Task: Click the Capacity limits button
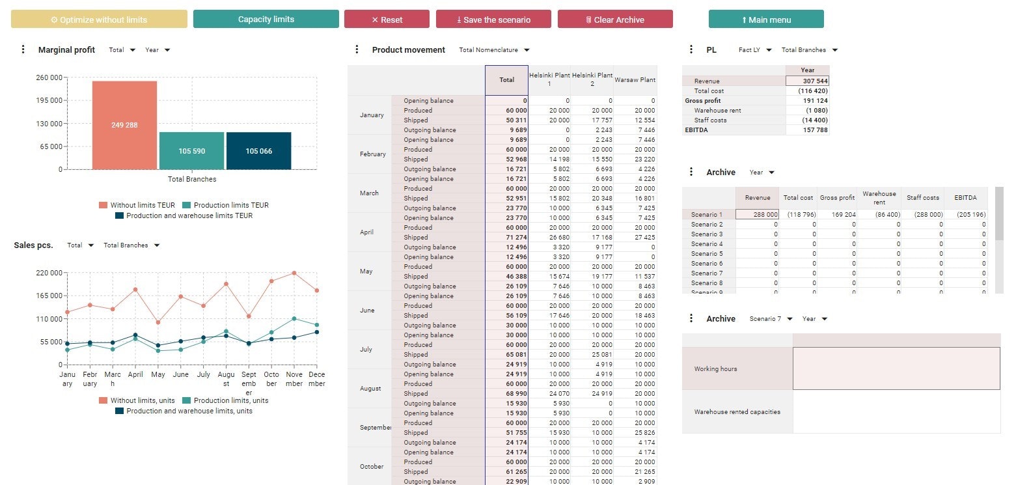pyautogui.click(x=266, y=19)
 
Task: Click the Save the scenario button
pyautogui.click(x=493, y=20)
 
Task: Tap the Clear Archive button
pyautogui.click(x=615, y=20)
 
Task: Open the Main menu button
pyautogui.click(x=766, y=20)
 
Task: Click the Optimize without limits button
pyautogui.click(x=99, y=20)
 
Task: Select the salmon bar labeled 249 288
pyautogui.click(x=124, y=125)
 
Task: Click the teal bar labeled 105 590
pyautogui.click(x=191, y=151)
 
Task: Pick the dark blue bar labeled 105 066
pyautogui.click(x=258, y=151)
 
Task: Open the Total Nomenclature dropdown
pyautogui.click(x=494, y=50)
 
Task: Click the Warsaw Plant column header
pyautogui.click(x=635, y=79)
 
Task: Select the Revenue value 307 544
pyautogui.click(x=807, y=81)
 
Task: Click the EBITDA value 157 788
pyautogui.click(x=807, y=130)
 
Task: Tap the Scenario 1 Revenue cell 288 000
pyautogui.click(x=757, y=214)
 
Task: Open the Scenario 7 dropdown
pyautogui.click(x=771, y=319)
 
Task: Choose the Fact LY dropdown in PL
pyautogui.click(x=755, y=50)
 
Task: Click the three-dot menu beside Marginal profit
pyautogui.click(x=23, y=49)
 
